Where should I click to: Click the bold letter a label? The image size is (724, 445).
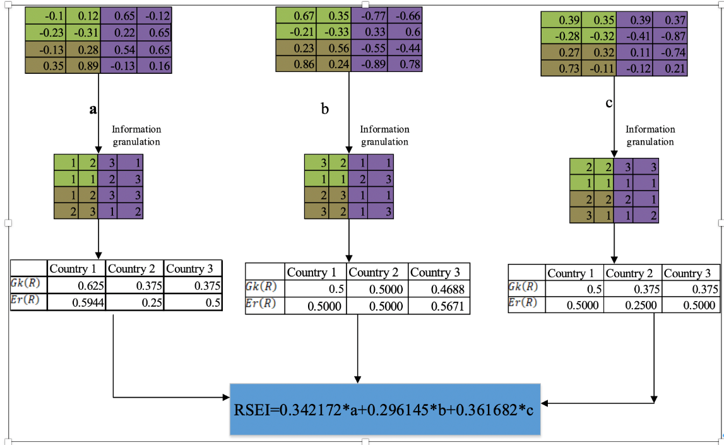[93, 109]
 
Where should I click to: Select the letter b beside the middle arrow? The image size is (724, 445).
[324, 109]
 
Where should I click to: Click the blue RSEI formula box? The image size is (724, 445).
[385, 409]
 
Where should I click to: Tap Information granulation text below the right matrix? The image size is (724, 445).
[650, 136]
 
